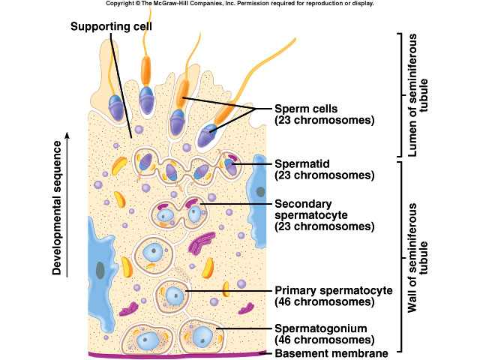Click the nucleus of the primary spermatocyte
click(x=175, y=295)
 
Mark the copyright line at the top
click(x=239, y=4)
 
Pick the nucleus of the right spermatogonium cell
click(x=202, y=337)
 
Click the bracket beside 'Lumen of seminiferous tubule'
click(x=397, y=94)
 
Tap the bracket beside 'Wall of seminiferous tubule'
click(x=397, y=256)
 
